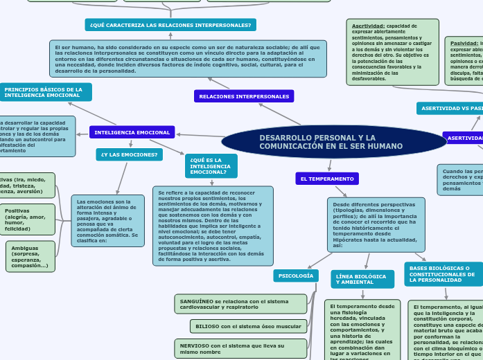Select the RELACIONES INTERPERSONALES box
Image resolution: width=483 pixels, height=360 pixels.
(x=244, y=96)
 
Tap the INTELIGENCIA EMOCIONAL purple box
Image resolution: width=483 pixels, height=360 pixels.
(x=132, y=132)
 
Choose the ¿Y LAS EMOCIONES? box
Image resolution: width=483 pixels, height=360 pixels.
(x=130, y=154)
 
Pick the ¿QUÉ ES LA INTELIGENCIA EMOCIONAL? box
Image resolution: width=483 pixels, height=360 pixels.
(x=211, y=166)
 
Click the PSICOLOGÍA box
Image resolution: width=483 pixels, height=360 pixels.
(x=296, y=276)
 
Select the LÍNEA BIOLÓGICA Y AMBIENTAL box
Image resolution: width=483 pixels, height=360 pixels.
(x=362, y=279)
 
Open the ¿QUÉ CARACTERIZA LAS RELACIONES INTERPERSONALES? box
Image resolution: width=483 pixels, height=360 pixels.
(x=170, y=25)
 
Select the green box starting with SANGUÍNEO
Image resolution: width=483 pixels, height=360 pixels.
(x=240, y=303)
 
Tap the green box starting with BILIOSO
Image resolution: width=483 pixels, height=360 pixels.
(x=248, y=325)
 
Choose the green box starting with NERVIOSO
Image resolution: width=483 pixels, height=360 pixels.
(x=240, y=348)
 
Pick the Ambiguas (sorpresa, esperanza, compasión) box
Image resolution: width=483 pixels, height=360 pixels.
(x=30, y=256)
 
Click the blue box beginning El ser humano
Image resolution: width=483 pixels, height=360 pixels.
(x=188, y=59)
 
